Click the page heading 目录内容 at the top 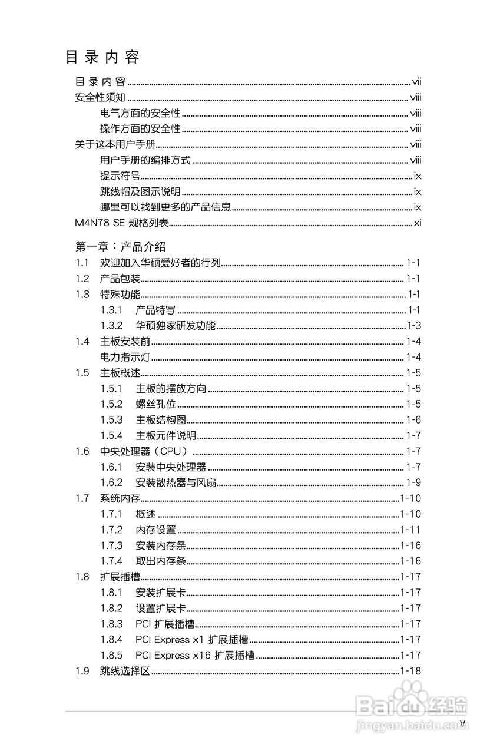point(102,58)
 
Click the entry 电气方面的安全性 point(140,114)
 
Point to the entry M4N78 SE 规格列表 point(122,223)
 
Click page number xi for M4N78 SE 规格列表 point(417,223)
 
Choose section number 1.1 point(82,263)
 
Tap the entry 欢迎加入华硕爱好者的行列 point(160,263)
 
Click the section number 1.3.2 point(111,326)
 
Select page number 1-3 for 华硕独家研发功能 point(413,326)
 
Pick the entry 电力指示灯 point(125,357)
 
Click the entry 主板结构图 point(161,420)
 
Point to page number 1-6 point(413,420)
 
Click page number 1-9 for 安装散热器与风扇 point(413,483)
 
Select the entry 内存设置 point(155,530)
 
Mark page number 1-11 point(410,530)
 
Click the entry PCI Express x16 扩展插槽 point(195,655)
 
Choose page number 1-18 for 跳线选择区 point(410,671)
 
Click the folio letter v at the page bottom point(462,723)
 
